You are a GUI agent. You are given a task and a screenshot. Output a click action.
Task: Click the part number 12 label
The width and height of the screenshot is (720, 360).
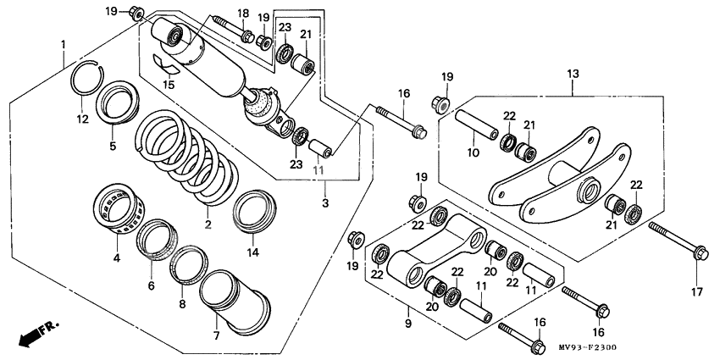82,119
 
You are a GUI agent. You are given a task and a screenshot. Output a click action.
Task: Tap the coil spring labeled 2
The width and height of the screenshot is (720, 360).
186,157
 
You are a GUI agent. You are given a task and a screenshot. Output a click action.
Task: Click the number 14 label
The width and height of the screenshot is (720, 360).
253,252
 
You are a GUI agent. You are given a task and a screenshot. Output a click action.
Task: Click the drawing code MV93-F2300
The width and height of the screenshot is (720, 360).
587,347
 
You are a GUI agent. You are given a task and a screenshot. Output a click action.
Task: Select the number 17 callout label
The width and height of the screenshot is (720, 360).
696,291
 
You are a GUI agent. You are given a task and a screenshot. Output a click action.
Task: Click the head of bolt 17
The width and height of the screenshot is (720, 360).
701,252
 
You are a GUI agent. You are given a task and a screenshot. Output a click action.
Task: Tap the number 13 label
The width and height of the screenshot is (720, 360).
573,74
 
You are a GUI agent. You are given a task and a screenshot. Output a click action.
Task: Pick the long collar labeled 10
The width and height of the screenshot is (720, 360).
477,124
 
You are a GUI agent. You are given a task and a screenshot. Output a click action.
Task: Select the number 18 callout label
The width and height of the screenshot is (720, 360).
243,13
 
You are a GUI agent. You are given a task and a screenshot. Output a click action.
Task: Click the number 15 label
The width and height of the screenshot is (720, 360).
169,85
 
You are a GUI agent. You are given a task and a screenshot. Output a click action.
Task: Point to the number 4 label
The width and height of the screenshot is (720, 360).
117,258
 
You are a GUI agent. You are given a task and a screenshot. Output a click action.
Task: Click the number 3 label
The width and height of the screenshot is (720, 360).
325,202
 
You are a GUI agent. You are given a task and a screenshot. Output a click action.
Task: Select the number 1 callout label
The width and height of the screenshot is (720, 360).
64,45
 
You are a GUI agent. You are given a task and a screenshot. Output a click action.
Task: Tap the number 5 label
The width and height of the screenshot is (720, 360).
113,146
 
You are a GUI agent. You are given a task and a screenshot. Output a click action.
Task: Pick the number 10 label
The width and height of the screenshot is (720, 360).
472,152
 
